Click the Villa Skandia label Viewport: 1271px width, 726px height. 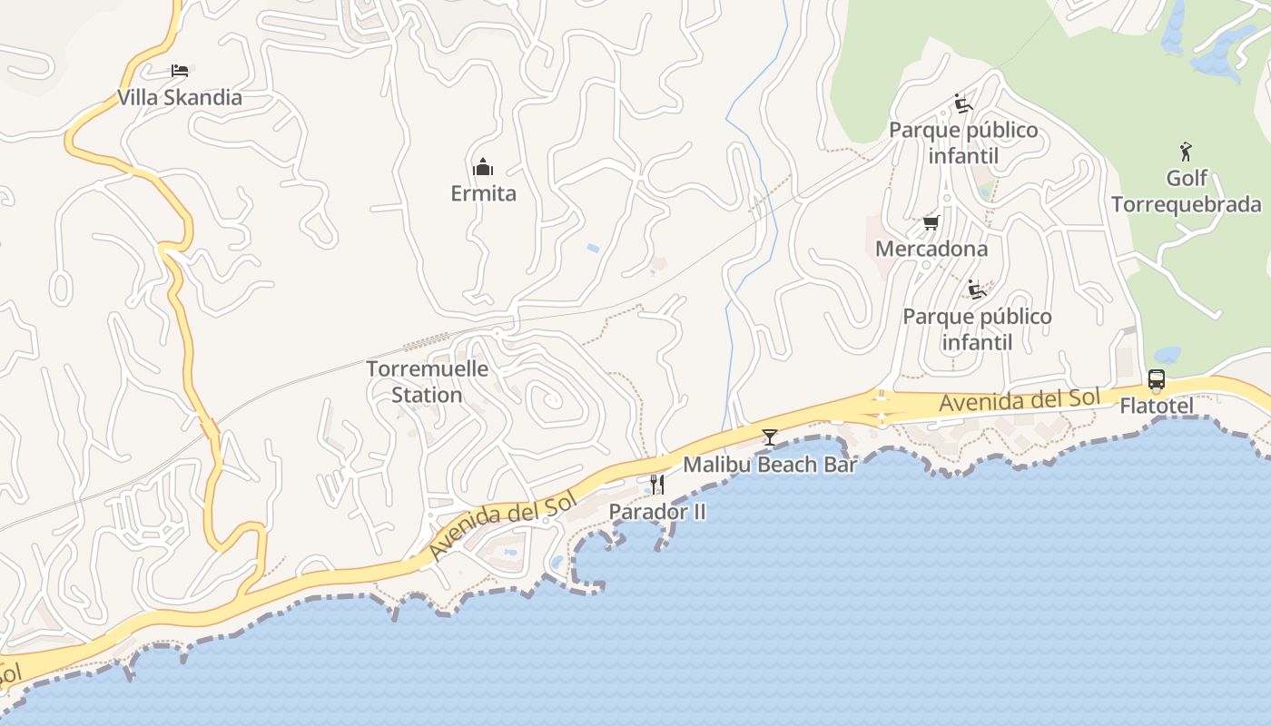[180, 98]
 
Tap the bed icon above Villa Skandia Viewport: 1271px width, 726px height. [180, 71]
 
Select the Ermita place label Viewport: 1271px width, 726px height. [483, 193]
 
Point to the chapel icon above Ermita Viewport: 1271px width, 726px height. [483, 167]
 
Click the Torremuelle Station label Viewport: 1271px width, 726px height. [427, 382]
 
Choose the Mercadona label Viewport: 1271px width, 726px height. [931, 249]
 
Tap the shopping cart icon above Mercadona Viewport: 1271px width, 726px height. [931, 222]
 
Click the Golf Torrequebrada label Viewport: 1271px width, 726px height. [1186, 191]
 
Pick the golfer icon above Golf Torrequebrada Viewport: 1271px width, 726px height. [1186, 152]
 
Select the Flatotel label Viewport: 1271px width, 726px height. [1156, 406]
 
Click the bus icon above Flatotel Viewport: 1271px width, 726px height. [1156, 379]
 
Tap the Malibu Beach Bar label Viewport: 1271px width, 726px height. [770, 465]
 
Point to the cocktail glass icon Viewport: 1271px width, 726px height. [770, 437]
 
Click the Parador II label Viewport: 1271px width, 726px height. [657, 512]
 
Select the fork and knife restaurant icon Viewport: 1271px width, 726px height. [657, 485]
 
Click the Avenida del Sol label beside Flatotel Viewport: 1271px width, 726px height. [1020, 399]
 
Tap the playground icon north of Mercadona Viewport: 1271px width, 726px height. [963, 103]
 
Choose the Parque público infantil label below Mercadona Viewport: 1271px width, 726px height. [977, 329]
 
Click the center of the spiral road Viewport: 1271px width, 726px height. [548, 400]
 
